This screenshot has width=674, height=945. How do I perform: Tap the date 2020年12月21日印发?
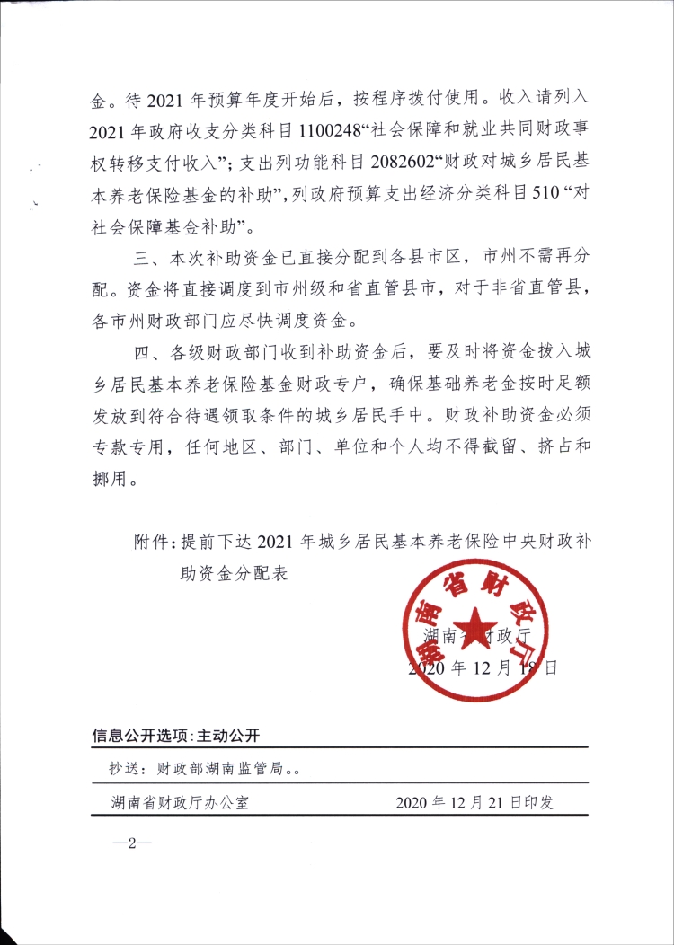coord(474,802)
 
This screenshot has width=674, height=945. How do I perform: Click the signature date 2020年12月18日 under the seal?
coord(483,668)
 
